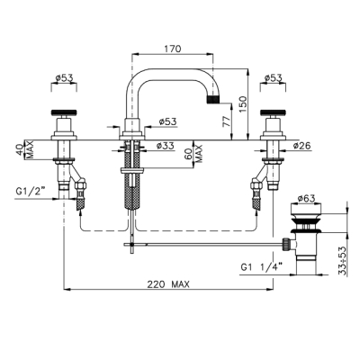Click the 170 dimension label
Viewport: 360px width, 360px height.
[x=173, y=49]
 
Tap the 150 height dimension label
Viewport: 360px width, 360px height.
[x=244, y=104]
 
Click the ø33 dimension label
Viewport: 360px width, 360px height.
[x=165, y=146]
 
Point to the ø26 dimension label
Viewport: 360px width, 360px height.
[x=302, y=146]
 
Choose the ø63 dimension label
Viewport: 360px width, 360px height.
[x=306, y=198]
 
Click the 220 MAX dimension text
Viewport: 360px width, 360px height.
[x=168, y=283]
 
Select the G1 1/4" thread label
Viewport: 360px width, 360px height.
[x=262, y=266]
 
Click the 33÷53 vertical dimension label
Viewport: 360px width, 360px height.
[x=343, y=260]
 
